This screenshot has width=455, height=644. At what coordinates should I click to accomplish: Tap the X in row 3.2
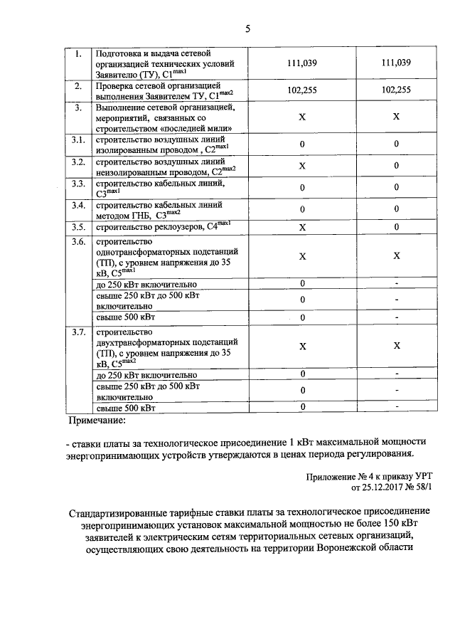302,166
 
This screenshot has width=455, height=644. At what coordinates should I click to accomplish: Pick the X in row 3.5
302,228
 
